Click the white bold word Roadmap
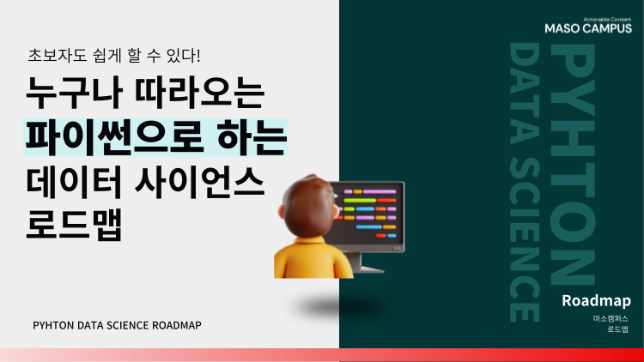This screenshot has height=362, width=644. [x=596, y=301]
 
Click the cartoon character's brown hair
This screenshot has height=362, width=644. [x=301, y=194]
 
